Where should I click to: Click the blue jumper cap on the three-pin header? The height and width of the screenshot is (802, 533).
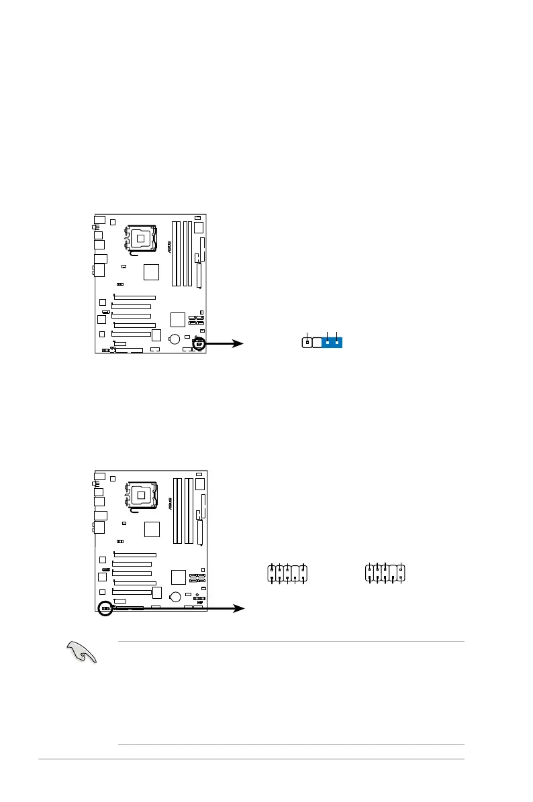pos(332,342)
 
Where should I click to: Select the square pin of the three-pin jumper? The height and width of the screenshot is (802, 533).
pos(307,342)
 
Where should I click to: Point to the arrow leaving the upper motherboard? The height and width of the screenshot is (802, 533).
pos(225,343)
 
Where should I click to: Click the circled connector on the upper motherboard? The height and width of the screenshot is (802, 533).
pos(199,343)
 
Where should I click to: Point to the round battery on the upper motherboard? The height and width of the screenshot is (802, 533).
pos(174,339)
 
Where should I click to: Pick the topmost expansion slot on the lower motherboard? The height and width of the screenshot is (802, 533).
pos(135,555)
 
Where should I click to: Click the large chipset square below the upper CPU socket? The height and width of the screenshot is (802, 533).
pos(151,272)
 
